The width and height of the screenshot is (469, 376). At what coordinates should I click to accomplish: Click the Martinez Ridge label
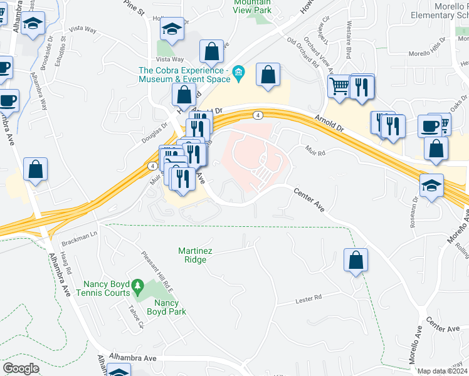[195, 255]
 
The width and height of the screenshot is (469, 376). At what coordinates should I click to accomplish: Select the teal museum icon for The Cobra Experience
[238, 75]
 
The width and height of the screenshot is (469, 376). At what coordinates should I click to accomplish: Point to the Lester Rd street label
[308, 299]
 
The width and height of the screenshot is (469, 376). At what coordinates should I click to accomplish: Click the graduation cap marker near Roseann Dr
[433, 185]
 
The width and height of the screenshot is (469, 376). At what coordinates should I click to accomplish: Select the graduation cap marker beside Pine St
[171, 29]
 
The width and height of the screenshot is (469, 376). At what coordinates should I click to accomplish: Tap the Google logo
[21, 368]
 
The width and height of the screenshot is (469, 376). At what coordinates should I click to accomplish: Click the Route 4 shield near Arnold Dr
[258, 115]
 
